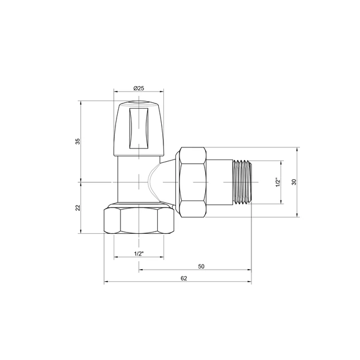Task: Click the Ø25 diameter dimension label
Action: (x=138, y=87)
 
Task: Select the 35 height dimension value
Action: (x=78, y=141)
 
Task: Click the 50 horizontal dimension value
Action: (x=201, y=266)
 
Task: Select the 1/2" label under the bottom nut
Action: (x=138, y=253)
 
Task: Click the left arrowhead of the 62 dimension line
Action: (x=106, y=282)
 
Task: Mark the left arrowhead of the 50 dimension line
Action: (x=141, y=271)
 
